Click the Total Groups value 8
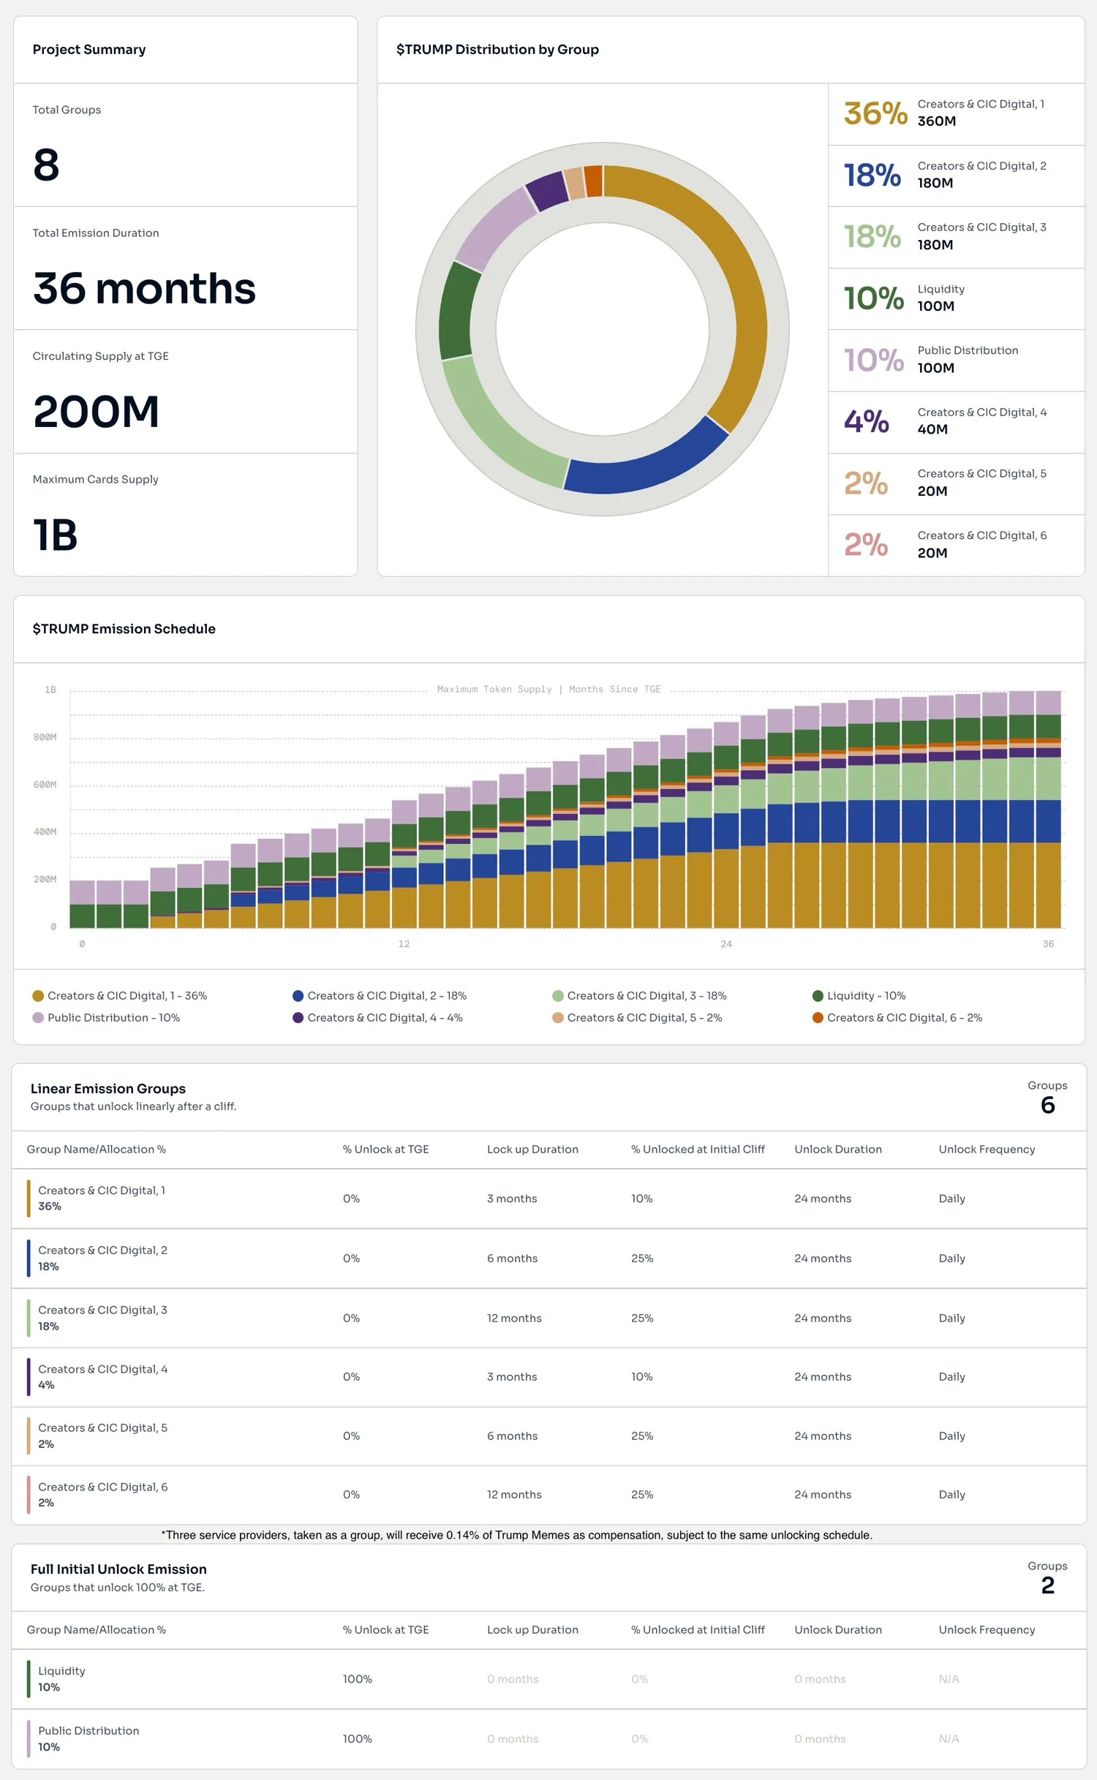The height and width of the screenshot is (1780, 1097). click(46, 165)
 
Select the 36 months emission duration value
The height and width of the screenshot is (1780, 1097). click(144, 288)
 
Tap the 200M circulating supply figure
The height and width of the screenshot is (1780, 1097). click(96, 412)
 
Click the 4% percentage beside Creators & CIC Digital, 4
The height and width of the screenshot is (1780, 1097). click(867, 422)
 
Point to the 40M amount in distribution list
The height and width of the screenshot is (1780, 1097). click(932, 430)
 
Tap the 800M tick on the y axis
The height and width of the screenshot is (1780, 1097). click(45, 737)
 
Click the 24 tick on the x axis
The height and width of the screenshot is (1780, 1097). click(726, 944)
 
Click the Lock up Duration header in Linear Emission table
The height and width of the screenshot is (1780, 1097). click(532, 1149)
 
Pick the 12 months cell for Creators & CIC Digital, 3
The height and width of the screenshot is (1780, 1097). click(514, 1318)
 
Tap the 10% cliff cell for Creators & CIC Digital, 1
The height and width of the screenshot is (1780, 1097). click(641, 1199)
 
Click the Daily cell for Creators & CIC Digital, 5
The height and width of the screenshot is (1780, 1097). click(951, 1436)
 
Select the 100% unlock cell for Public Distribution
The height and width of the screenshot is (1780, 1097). click(357, 1738)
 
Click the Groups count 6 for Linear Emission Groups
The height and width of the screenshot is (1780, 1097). click(1047, 1105)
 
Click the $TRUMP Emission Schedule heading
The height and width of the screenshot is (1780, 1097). click(124, 629)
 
